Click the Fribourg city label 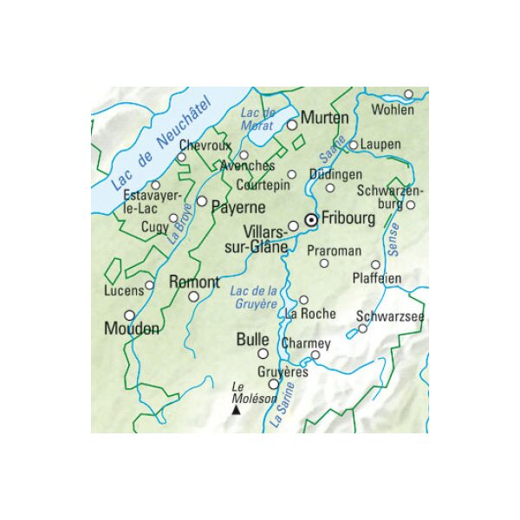click(348, 219)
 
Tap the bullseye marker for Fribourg click(312, 219)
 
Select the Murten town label click(324, 117)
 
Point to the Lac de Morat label click(257, 120)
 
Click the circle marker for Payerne click(202, 201)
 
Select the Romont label click(194, 282)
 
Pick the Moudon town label click(131, 329)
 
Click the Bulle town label click(253, 340)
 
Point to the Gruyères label click(284, 371)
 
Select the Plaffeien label click(377, 278)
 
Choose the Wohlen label click(393, 110)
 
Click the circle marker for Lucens click(150, 284)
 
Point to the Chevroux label click(205, 145)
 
